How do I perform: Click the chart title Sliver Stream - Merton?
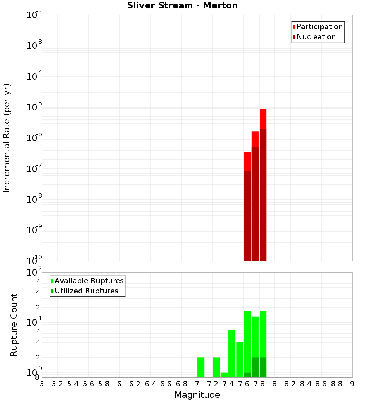point(182,5)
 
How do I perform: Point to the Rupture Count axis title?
point(14,325)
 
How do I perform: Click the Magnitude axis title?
point(197,395)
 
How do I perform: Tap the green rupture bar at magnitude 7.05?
point(201,367)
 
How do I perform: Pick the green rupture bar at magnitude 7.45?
point(232,354)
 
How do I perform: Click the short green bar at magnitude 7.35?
point(224,375)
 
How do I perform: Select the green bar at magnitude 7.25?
point(216,367)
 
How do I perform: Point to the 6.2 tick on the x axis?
point(135,384)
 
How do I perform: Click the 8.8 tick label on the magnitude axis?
point(337,384)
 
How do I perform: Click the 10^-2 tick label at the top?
point(35,15)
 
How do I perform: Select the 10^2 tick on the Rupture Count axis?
point(35,273)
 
